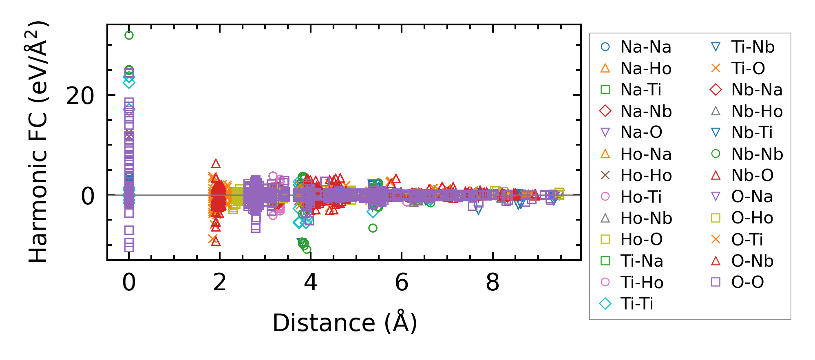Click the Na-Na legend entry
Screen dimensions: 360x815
(645, 47)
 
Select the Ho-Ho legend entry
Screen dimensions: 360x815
(646, 175)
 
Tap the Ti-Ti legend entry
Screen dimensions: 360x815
(636, 304)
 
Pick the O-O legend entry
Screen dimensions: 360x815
(747, 282)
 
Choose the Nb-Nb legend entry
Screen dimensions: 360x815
(757, 154)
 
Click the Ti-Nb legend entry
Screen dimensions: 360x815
(753, 47)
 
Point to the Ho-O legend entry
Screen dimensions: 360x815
(641, 239)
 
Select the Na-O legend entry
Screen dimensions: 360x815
(641, 132)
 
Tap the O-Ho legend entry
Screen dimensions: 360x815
(752, 218)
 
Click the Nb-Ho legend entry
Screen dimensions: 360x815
(757, 111)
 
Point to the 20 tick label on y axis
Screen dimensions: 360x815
(80, 97)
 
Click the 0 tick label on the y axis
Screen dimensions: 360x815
(88, 196)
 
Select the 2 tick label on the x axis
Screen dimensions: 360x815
(220, 282)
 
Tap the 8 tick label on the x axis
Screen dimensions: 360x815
(493, 282)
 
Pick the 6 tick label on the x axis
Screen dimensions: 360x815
(402, 282)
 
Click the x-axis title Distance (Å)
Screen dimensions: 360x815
(345, 323)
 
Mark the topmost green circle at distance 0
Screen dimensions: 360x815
(129, 35)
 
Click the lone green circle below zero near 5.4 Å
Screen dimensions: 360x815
(373, 228)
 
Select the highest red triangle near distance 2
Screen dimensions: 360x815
(216, 164)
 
